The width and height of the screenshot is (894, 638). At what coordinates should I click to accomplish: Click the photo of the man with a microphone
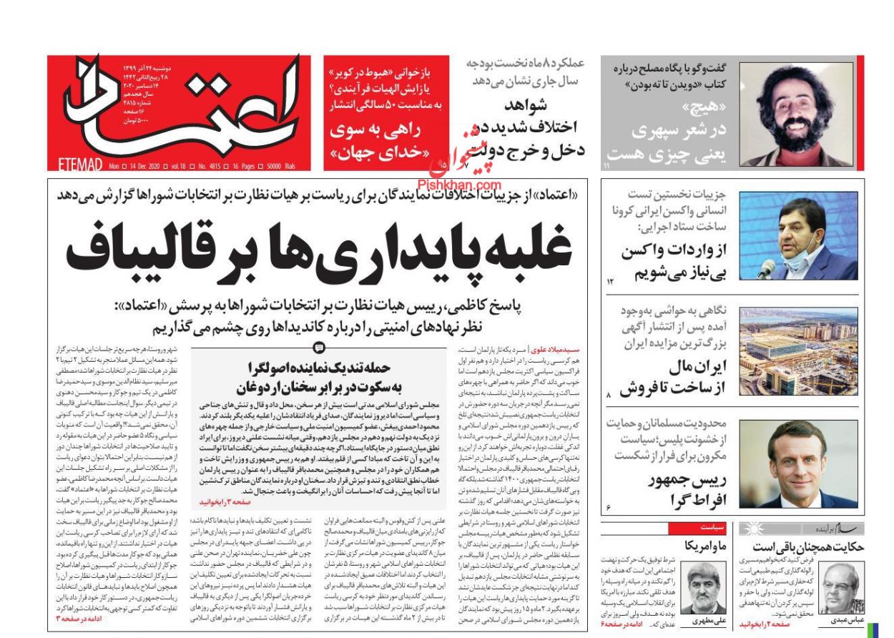[x=797, y=236]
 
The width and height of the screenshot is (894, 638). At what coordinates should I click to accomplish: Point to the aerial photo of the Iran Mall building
[x=797, y=351]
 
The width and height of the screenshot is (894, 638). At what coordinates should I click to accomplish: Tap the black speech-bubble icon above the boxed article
[x=318, y=348]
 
